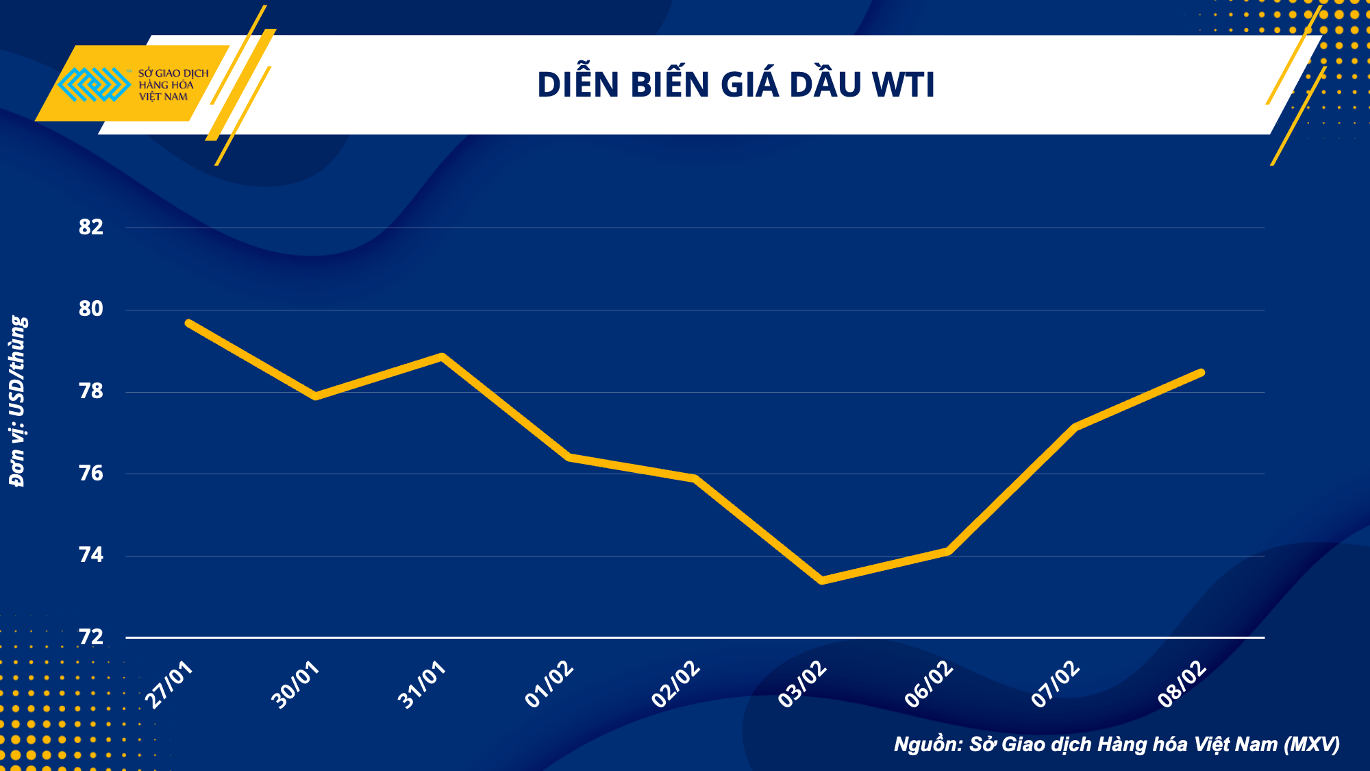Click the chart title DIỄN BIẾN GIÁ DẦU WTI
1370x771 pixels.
pyautogui.click(x=736, y=85)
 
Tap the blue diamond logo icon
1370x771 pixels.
pyautogui.click(x=95, y=84)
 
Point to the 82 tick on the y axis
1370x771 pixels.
pyautogui.click(x=91, y=228)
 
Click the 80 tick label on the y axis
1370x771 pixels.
pyautogui.click(x=91, y=309)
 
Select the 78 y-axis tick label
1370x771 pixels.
pyautogui.click(x=91, y=391)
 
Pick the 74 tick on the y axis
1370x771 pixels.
pyautogui.click(x=91, y=555)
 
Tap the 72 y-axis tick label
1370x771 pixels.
pyautogui.click(x=91, y=637)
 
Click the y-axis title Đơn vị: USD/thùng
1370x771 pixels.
pyautogui.click(x=18, y=402)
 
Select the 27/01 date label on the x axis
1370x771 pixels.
pyautogui.click(x=170, y=685)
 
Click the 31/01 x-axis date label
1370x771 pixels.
pyautogui.click(x=423, y=685)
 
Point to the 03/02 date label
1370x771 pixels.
pyautogui.click(x=803, y=685)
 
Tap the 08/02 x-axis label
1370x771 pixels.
pyautogui.click(x=1182, y=685)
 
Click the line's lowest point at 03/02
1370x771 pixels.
pyautogui.click(x=822, y=580)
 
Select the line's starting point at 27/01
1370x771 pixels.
pyautogui.click(x=188, y=323)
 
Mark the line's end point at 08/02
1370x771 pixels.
pyautogui.click(x=1201, y=373)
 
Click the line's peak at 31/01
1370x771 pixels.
pyautogui.click(x=443, y=356)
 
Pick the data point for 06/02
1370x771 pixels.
pyautogui.click(x=949, y=550)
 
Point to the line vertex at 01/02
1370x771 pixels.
pyautogui.click(x=569, y=457)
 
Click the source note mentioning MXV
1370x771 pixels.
pyautogui.click(x=1117, y=744)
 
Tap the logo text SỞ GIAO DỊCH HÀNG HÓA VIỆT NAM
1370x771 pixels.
pyautogui.click(x=173, y=85)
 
